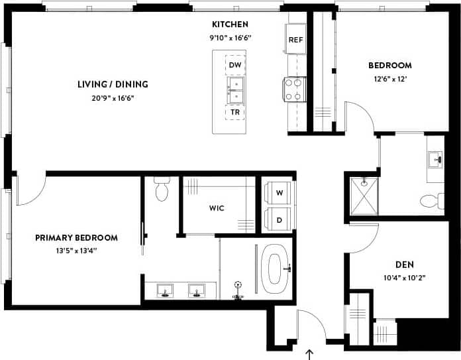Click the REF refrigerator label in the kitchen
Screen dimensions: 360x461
coord(296,40)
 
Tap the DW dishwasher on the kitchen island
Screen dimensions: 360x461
coord(234,65)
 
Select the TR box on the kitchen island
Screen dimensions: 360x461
coord(234,112)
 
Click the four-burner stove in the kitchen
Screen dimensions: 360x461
coord(293,90)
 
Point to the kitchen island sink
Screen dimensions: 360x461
coord(234,89)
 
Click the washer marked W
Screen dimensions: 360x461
coord(278,192)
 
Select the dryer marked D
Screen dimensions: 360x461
coord(278,218)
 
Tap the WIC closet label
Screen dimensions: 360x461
coord(217,208)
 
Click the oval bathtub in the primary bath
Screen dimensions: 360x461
coord(274,269)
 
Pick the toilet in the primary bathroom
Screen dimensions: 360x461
coord(161,190)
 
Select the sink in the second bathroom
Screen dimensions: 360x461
coord(435,159)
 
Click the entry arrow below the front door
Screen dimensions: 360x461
coord(311,354)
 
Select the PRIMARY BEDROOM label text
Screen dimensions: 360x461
coord(77,237)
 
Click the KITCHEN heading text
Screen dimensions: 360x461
coord(230,25)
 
